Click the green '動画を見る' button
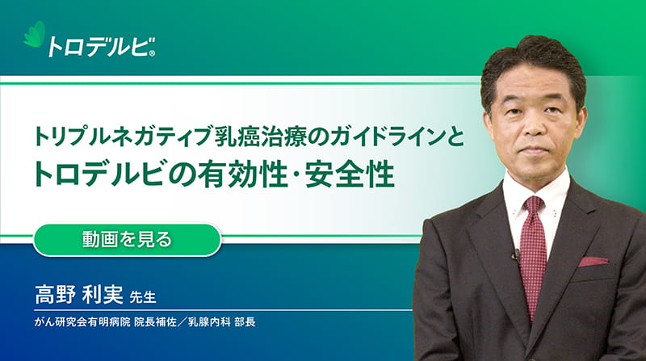[127, 240]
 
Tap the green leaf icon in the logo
[35, 34]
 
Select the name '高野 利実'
[79, 294]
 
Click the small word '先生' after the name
[143, 296]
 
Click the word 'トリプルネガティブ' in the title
[124, 137]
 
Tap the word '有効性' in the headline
[243, 174]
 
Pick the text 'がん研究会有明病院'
[82, 322]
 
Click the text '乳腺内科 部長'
[221, 322]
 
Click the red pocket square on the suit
[594, 262]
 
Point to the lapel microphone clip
[515, 255]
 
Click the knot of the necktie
[534, 205]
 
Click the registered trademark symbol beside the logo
[152, 53]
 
